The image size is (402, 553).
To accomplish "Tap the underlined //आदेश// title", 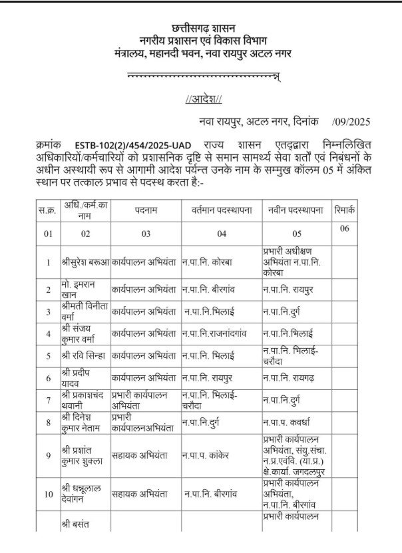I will tap(203, 100).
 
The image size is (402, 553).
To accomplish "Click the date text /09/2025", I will tap(350, 122).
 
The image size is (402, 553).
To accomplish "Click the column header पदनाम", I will tap(146, 210).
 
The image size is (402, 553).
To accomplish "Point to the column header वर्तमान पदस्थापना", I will tap(222, 210).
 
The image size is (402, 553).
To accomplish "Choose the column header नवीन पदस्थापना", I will tap(297, 210).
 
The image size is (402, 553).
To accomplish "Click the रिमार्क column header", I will tap(345, 210).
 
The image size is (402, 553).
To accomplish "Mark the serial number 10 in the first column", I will tap(48, 494).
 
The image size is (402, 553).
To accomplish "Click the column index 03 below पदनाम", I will tap(146, 234).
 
